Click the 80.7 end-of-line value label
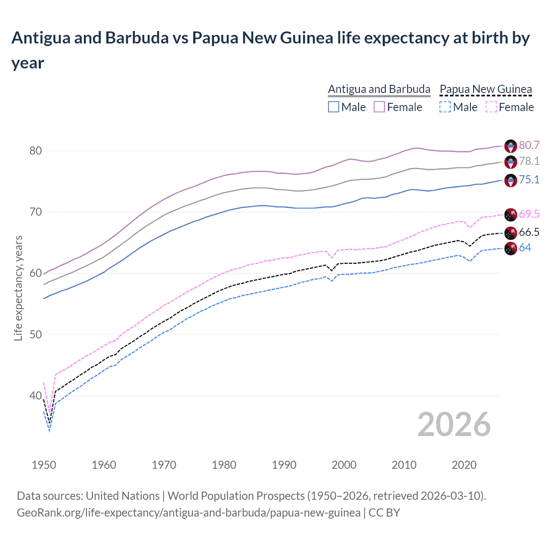(529, 145)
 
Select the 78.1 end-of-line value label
(529, 161)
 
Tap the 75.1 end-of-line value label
(529, 180)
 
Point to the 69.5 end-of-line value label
(529, 214)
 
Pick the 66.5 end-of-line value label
(529, 232)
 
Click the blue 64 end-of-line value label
(525, 248)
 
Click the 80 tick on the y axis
(35, 151)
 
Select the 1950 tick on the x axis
(44, 465)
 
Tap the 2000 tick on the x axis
(344, 465)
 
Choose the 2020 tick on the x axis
(464, 465)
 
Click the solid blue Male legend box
(334, 107)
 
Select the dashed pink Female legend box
(491, 107)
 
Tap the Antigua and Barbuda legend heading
(379, 89)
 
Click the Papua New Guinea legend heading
(486, 89)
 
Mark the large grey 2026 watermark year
(454, 424)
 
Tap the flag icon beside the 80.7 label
(511, 146)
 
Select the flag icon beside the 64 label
(511, 248)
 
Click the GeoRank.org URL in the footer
(189, 513)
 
